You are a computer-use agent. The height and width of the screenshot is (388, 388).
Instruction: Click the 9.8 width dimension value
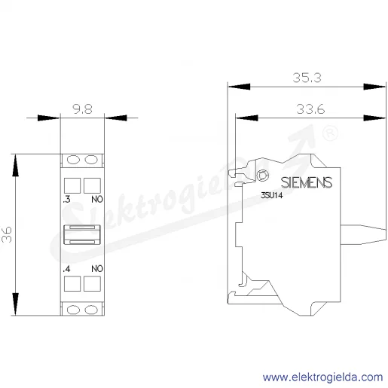click(x=82, y=109)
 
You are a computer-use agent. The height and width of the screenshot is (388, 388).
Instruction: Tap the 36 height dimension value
click(x=7, y=234)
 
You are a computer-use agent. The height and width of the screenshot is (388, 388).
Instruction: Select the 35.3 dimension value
click(x=307, y=78)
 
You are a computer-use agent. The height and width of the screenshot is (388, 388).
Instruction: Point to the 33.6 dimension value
click(x=310, y=109)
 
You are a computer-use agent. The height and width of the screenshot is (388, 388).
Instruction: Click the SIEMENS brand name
click(x=307, y=182)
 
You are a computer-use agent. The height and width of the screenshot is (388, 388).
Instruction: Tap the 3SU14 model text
click(x=272, y=195)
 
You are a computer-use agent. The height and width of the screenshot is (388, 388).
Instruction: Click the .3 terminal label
click(x=67, y=200)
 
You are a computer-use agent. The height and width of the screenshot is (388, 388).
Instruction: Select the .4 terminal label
click(x=67, y=269)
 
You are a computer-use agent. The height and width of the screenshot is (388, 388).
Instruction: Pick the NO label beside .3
click(x=97, y=200)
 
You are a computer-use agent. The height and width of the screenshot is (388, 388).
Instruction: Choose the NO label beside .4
click(x=97, y=269)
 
